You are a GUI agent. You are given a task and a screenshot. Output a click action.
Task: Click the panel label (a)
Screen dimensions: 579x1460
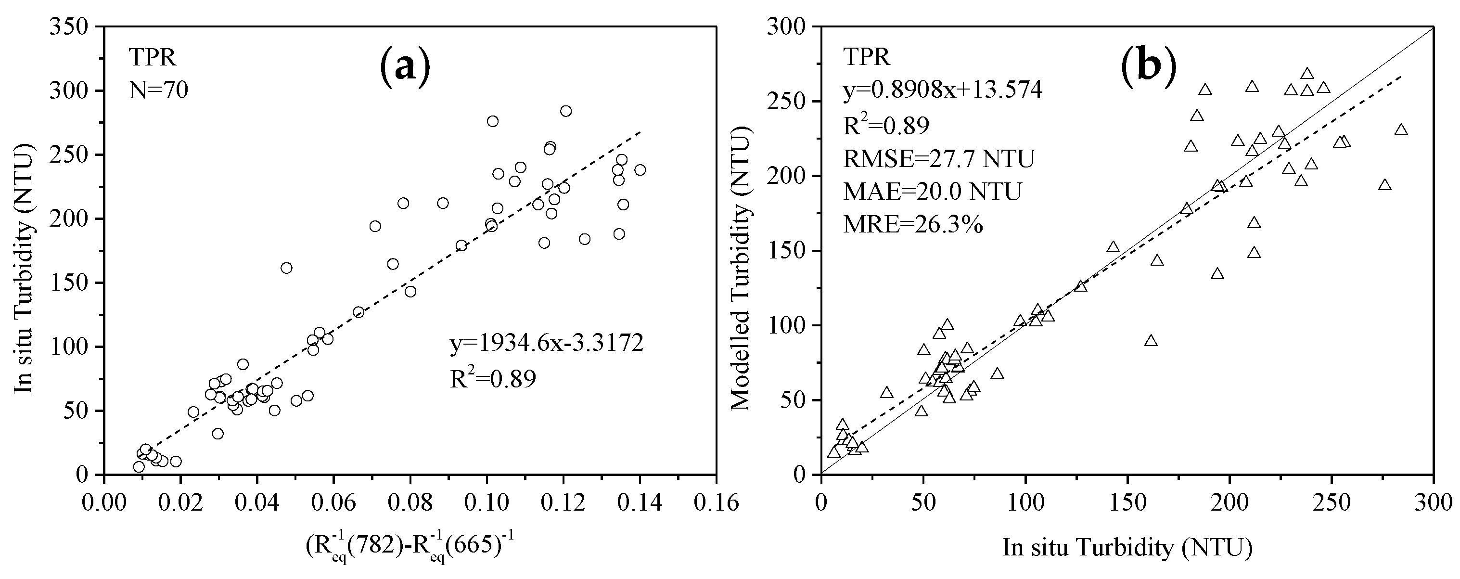click(405, 68)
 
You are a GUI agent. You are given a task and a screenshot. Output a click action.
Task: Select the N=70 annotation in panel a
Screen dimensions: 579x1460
click(158, 90)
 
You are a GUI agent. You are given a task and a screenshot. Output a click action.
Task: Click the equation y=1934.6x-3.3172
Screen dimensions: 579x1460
click(546, 344)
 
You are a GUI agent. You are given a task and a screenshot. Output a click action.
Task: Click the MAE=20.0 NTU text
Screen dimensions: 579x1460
click(932, 192)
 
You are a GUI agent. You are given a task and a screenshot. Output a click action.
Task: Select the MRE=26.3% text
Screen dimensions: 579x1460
click(913, 226)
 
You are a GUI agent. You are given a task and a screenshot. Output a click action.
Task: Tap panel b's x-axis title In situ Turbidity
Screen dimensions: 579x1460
click(1127, 548)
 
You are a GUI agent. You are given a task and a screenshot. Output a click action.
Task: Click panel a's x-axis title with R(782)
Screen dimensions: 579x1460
click(409, 548)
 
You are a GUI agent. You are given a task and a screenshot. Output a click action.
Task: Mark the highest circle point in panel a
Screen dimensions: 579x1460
click(565, 111)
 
